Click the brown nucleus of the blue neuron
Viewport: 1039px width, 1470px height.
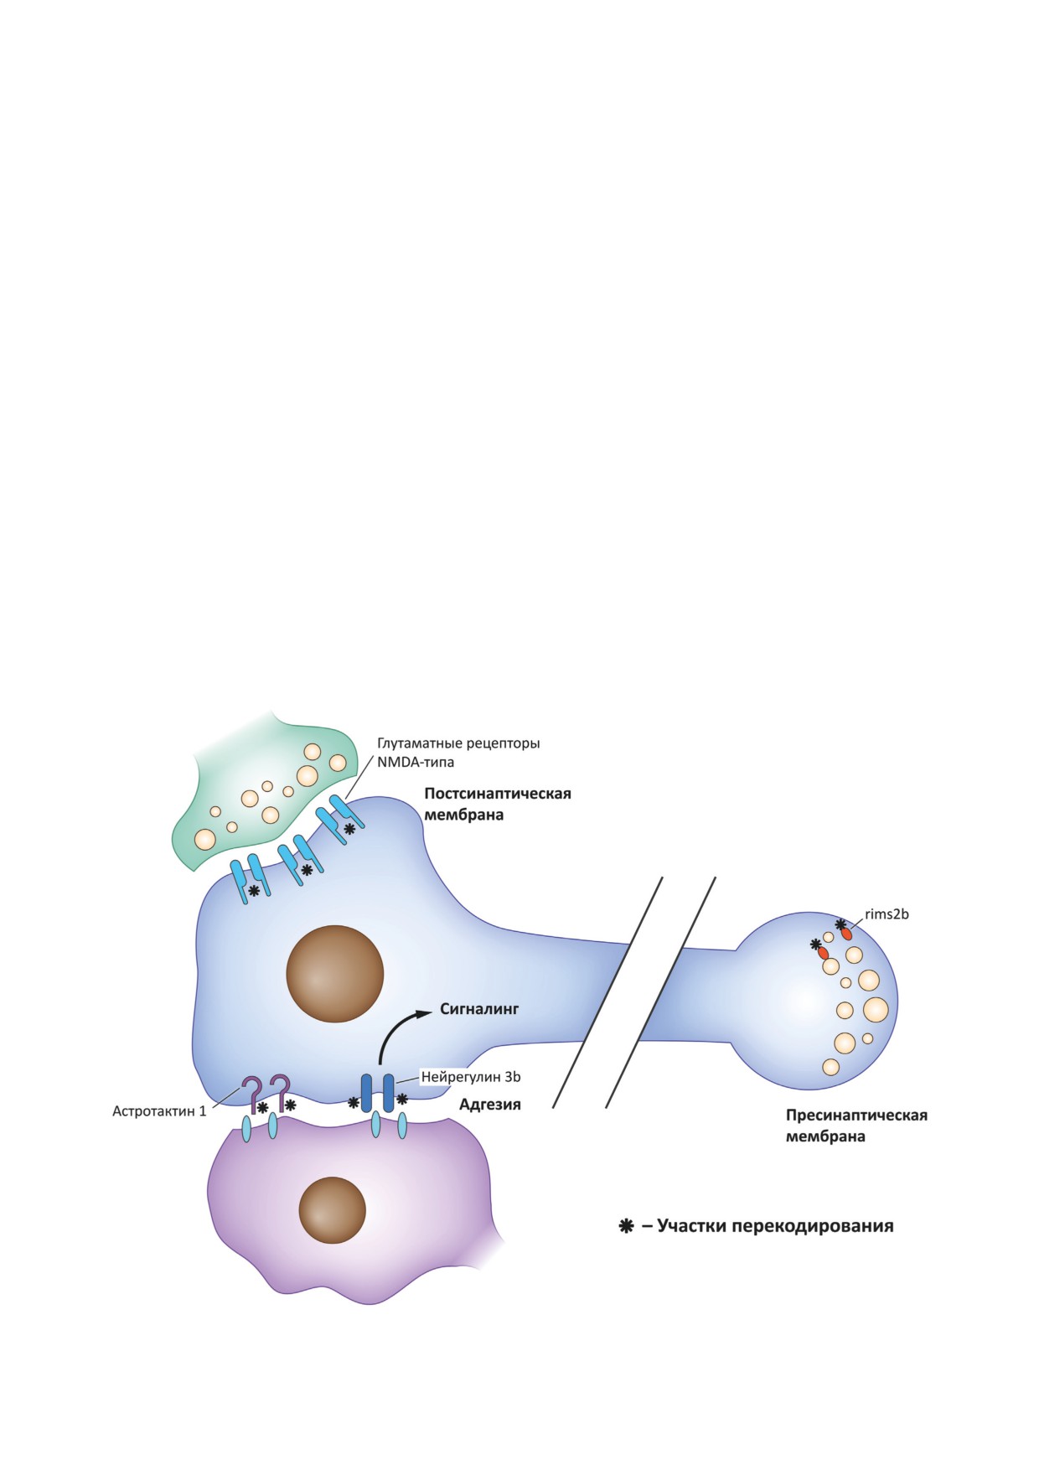click(334, 974)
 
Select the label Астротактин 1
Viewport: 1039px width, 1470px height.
click(159, 1111)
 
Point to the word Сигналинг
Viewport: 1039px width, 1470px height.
click(479, 1009)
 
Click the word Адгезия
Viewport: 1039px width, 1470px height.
click(490, 1105)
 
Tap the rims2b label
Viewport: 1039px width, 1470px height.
click(887, 914)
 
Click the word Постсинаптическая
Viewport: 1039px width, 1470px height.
click(497, 794)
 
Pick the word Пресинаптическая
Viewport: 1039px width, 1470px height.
click(856, 1115)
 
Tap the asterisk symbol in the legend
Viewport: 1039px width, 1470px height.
click(625, 1226)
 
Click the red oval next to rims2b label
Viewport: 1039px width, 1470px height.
click(847, 932)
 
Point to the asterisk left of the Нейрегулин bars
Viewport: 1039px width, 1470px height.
click(354, 1102)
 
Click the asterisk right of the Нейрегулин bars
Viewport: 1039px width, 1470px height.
click(402, 1099)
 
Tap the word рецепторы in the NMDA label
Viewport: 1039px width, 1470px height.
click(500, 743)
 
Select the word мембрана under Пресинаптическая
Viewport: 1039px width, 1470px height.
click(825, 1137)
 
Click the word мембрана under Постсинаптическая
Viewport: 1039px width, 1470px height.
click(463, 815)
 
